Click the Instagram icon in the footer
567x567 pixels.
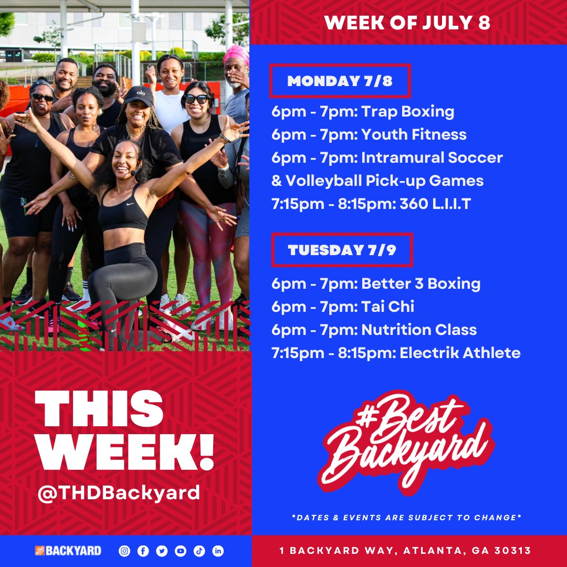tap(124, 551)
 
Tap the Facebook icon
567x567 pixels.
tap(143, 551)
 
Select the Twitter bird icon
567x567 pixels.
tap(162, 551)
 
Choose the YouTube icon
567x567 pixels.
tap(181, 551)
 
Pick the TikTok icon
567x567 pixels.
tap(199, 551)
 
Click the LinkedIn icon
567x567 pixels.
tap(218, 551)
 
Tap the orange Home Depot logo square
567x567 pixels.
tap(40, 551)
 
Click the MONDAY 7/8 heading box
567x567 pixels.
tap(340, 81)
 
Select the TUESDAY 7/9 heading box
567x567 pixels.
tap(341, 250)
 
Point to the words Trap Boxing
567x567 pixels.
tap(408, 111)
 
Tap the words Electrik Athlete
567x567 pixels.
tap(460, 353)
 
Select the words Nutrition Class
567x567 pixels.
tap(419, 330)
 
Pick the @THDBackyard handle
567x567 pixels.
tap(119, 493)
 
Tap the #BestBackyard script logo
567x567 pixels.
tap(407, 441)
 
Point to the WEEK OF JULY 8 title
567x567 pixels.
tap(407, 23)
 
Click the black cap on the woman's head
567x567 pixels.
tap(139, 95)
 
